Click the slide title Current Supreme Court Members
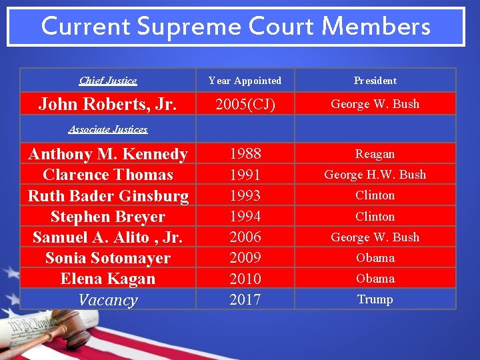tap(235, 27)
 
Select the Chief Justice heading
tap(108, 81)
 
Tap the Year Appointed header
tap(245, 81)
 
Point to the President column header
tap(375, 81)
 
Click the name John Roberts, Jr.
tap(108, 104)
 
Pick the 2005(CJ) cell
tap(245, 104)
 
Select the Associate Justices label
tap(108, 129)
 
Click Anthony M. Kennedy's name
tap(108, 154)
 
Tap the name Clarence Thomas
tap(108, 175)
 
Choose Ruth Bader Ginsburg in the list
tap(108, 196)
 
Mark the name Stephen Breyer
tap(108, 217)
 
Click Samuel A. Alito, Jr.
tap(108, 237)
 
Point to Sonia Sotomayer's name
tap(108, 258)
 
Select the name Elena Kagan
tap(108, 279)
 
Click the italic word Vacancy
tap(108, 300)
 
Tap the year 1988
tap(245, 154)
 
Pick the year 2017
tap(245, 299)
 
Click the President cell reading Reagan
tap(375, 154)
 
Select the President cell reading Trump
tap(375, 299)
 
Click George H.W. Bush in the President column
tap(375, 175)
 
